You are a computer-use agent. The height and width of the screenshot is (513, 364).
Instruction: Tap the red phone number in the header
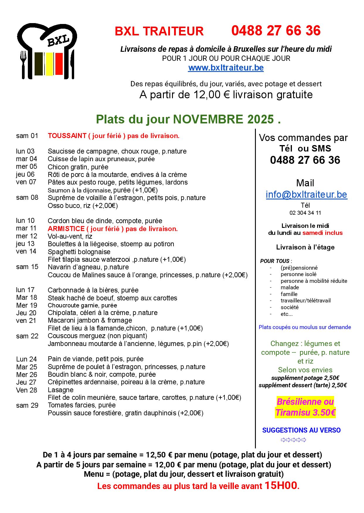click(276, 31)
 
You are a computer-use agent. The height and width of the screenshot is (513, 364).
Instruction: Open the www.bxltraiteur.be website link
click(226, 68)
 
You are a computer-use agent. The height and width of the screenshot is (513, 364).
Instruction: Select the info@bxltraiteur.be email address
click(306, 194)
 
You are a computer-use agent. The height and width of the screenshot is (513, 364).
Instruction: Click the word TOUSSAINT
click(67, 136)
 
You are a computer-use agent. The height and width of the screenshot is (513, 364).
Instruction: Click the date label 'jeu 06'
click(25, 174)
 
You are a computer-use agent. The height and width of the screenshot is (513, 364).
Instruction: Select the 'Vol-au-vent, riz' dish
click(70, 236)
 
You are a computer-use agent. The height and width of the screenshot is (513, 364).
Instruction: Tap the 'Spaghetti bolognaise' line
click(79, 252)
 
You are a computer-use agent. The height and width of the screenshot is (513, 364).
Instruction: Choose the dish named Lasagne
click(61, 390)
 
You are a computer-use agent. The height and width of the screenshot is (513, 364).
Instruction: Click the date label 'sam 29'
click(27, 405)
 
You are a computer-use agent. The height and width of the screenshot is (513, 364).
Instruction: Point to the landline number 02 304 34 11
click(305, 213)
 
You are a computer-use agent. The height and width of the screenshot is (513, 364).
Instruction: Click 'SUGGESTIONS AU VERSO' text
click(301, 430)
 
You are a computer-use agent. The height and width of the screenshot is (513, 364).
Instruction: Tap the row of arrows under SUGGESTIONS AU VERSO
click(293, 440)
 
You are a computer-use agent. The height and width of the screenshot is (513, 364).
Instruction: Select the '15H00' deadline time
click(281, 486)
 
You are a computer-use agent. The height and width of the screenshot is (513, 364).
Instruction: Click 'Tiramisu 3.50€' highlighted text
click(305, 413)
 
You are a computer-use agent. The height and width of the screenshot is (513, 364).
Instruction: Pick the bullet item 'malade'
click(290, 288)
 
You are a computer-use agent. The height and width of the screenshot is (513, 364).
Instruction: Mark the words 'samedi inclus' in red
click(322, 233)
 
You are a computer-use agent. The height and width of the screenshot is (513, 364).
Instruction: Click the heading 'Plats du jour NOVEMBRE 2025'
click(188, 119)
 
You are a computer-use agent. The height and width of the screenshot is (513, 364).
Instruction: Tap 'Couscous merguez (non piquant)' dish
click(97, 336)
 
